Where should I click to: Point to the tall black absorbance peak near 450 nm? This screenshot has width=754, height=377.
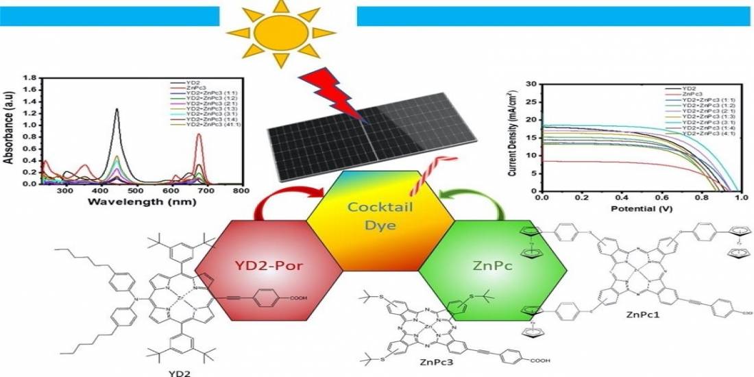(117, 110)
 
